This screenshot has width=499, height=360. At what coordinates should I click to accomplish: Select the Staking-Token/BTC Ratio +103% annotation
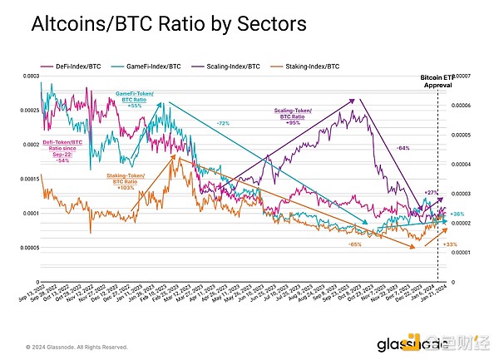pos(125,181)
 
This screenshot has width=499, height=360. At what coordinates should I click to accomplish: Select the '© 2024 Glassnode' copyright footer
pos(76,347)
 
